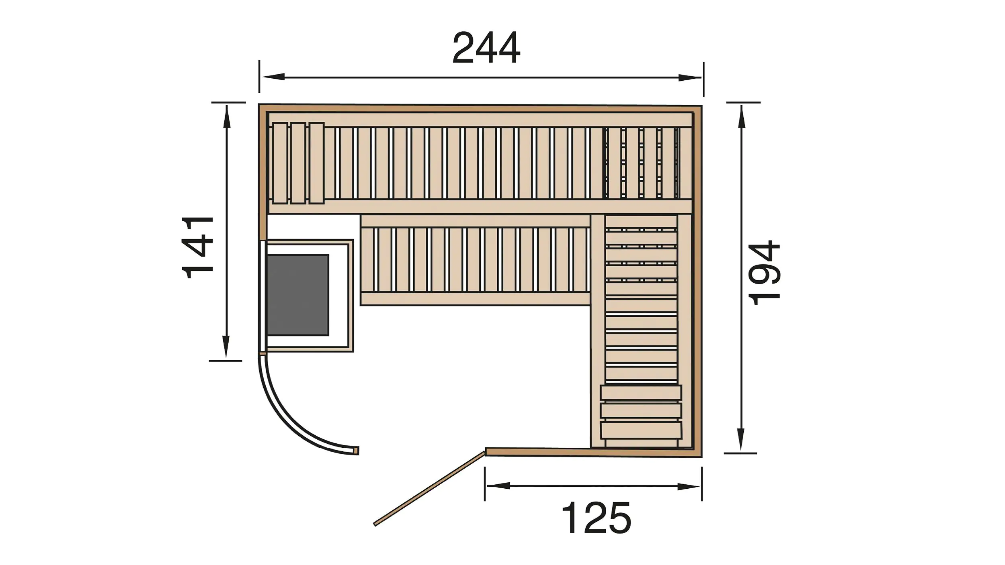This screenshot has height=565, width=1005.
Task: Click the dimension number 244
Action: tap(486, 48)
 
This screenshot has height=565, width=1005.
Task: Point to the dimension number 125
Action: tap(596, 518)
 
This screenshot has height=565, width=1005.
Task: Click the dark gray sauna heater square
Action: tap(297, 295)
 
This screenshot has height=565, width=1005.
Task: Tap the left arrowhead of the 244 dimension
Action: tap(273, 77)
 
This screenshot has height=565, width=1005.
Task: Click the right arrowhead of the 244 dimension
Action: tap(690, 78)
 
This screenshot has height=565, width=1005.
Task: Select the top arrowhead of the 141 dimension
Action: tap(227, 116)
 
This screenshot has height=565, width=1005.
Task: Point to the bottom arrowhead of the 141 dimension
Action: tap(226, 347)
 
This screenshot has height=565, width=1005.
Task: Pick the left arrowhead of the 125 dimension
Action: tap(498, 486)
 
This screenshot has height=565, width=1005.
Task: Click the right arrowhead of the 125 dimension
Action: tap(688, 487)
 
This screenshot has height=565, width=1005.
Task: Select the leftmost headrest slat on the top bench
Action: tap(280, 163)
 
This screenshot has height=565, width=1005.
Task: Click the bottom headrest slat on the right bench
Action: tap(641, 430)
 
